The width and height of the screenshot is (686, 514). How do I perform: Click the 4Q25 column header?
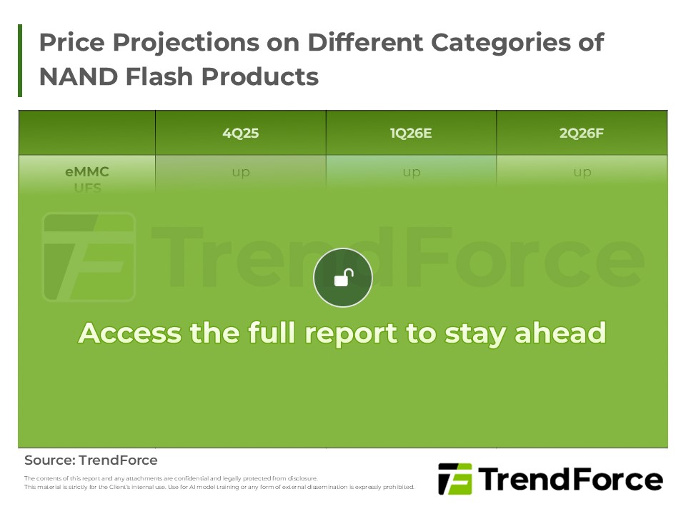[240, 133]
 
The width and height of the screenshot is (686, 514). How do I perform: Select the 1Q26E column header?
[411, 133]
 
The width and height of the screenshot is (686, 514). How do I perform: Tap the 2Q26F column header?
[582, 133]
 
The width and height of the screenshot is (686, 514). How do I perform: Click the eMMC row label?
[86, 172]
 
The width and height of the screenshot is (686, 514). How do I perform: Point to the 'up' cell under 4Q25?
[240, 172]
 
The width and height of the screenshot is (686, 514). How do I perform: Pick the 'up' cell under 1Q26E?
[411, 172]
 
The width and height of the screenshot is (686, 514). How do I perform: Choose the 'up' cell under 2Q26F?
[582, 172]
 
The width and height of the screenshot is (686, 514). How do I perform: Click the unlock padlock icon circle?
[343, 278]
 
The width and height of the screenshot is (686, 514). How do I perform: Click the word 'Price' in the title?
[68, 43]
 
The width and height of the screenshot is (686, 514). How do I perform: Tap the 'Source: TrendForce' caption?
[91, 460]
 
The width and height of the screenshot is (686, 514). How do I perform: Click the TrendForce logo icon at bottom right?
[454, 479]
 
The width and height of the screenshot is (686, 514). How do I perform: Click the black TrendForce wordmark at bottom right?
[570, 479]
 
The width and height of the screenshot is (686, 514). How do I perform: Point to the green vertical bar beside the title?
[20, 61]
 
